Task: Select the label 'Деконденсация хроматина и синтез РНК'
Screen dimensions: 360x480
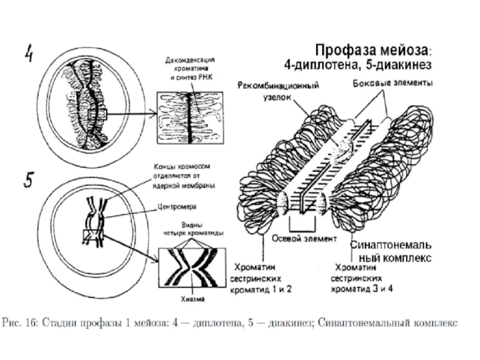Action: point(189,68)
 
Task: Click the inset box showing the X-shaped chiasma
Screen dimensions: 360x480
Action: point(191,268)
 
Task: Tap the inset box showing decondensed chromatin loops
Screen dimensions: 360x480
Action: point(190,118)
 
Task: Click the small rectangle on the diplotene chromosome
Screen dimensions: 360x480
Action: point(97,115)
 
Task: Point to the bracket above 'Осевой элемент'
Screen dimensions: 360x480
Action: point(302,224)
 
